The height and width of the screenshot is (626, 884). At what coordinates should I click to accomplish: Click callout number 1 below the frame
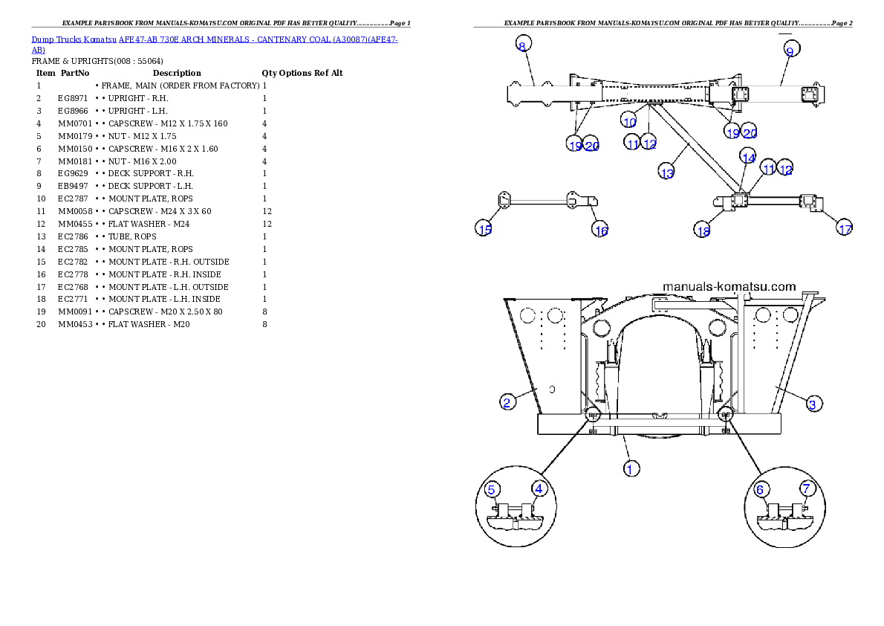(x=630, y=468)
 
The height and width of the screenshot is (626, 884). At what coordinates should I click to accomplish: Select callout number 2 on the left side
(x=507, y=402)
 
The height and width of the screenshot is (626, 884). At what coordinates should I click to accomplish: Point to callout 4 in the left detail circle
(x=539, y=488)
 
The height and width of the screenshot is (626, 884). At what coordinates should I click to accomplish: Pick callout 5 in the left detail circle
(x=492, y=489)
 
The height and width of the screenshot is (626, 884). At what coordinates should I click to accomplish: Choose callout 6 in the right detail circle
(x=760, y=489)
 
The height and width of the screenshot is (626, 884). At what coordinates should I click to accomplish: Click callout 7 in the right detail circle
(x=807, y=488)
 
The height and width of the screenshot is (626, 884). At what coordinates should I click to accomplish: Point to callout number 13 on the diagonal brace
(x=666, y=172)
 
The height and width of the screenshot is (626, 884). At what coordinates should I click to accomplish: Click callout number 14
(x=748, y=158)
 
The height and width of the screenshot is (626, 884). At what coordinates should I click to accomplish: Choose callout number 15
(x=484, y=229)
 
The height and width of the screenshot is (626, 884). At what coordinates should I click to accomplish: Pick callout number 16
(x=600, y=230)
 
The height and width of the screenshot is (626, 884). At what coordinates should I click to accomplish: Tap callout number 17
(x=845, y=229)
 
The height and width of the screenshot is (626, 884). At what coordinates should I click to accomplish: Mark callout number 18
(x=703, y=231)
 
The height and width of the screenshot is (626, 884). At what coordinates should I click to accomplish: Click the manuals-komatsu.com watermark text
(x=729, y=286)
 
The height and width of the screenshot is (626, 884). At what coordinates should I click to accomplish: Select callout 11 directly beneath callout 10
(x=632, y=143)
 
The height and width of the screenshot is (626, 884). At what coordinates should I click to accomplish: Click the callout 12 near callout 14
(x=785, y=170)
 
